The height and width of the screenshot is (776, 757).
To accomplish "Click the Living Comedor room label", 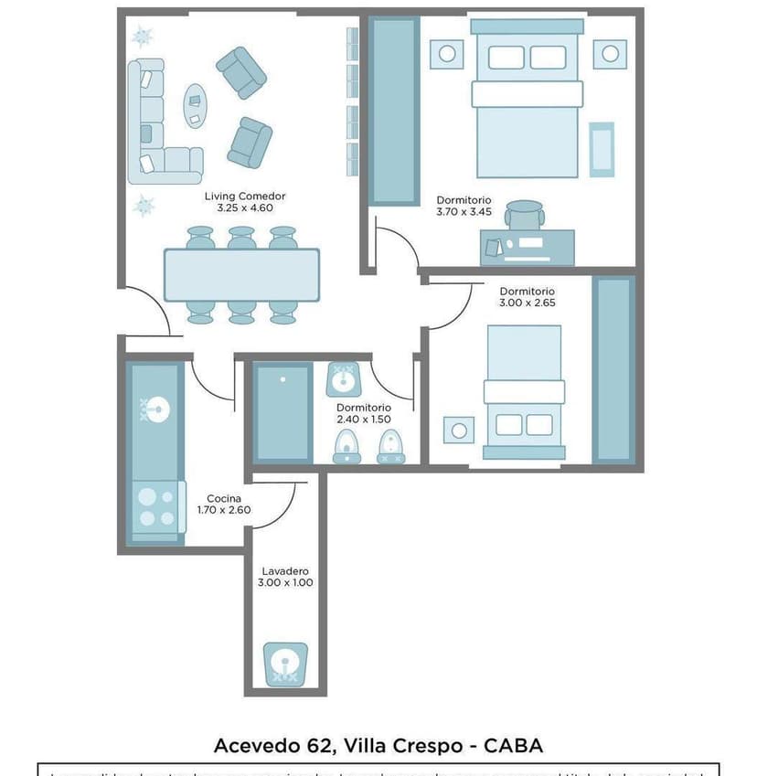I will [245, 196].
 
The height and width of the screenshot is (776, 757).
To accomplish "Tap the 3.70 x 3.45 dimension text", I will [464, 212].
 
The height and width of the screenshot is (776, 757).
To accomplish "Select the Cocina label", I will [224, 498].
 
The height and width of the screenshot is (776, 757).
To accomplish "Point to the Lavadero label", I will [285, 570].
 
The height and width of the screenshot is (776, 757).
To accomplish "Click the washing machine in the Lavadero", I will [285, 664].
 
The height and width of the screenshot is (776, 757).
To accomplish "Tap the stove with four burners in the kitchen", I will [155, 508].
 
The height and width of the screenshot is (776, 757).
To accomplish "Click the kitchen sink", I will [154, 410].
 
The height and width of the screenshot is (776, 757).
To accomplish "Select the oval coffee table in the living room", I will [196, 105].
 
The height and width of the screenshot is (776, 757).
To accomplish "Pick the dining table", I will [241, 274].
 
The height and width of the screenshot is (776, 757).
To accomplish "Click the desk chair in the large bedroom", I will [526, 216].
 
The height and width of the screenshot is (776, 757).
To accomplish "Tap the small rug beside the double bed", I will [601, 148].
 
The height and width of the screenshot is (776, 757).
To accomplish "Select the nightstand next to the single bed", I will [459, 429].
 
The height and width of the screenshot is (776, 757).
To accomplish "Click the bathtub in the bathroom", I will [283, 412].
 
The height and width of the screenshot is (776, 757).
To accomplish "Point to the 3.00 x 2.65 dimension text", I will [528, 303].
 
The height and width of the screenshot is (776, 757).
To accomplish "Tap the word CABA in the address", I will [515, 745].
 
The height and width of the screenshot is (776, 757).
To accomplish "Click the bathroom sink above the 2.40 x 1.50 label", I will [345, 378].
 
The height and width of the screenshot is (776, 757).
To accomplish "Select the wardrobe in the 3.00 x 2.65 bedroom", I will [613, 368].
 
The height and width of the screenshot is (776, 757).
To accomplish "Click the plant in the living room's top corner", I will [142, 37].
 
